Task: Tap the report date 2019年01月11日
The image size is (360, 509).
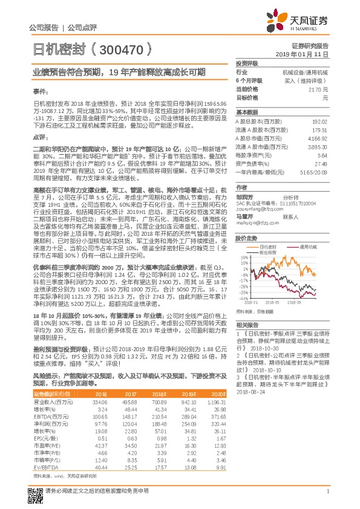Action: (307, 54)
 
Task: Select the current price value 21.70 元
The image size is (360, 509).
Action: (318, 89)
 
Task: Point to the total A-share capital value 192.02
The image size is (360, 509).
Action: (319, 122)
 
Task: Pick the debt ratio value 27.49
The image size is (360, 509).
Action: (321, 164)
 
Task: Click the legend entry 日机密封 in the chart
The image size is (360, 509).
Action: (269, 247)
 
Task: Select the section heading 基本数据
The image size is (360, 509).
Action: (246, 112)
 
